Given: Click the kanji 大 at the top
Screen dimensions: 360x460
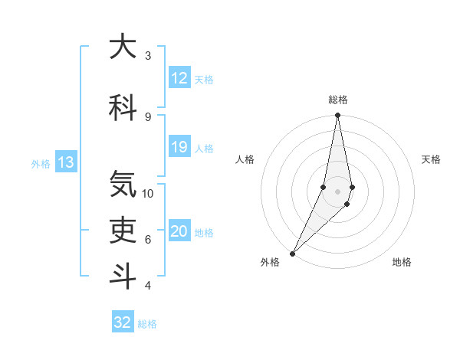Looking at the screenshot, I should coord(123,47).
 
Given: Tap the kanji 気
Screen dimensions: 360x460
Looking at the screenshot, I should coord(123,184).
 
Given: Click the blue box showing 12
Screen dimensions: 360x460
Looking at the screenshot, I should coord(179,78).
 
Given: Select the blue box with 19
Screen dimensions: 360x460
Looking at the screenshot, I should coord(179,147).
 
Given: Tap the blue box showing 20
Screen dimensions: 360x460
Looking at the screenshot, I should coord(179,232).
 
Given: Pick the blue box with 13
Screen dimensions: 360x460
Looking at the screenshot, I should coord(66,162).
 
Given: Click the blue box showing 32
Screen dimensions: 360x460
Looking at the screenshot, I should coord(123,322).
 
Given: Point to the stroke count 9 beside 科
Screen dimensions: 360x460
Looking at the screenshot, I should coord(147,116).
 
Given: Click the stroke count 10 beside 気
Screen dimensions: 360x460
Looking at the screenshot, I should coord(148,193).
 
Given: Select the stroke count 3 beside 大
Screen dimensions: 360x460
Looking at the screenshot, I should coord(147,56).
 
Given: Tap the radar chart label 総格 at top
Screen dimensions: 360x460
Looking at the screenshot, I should coord(337,100).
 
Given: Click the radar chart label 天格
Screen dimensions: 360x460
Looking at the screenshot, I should coord(432,159).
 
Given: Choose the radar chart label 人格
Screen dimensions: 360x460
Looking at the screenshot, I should coord(245,159).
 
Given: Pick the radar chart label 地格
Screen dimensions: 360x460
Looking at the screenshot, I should coord(402,262).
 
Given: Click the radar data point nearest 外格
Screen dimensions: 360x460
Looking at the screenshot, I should coord(292,253).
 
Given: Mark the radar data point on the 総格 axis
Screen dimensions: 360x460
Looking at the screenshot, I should coord(337,116).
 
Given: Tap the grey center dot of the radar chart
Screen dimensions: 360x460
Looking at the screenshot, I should coord(337,191).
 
